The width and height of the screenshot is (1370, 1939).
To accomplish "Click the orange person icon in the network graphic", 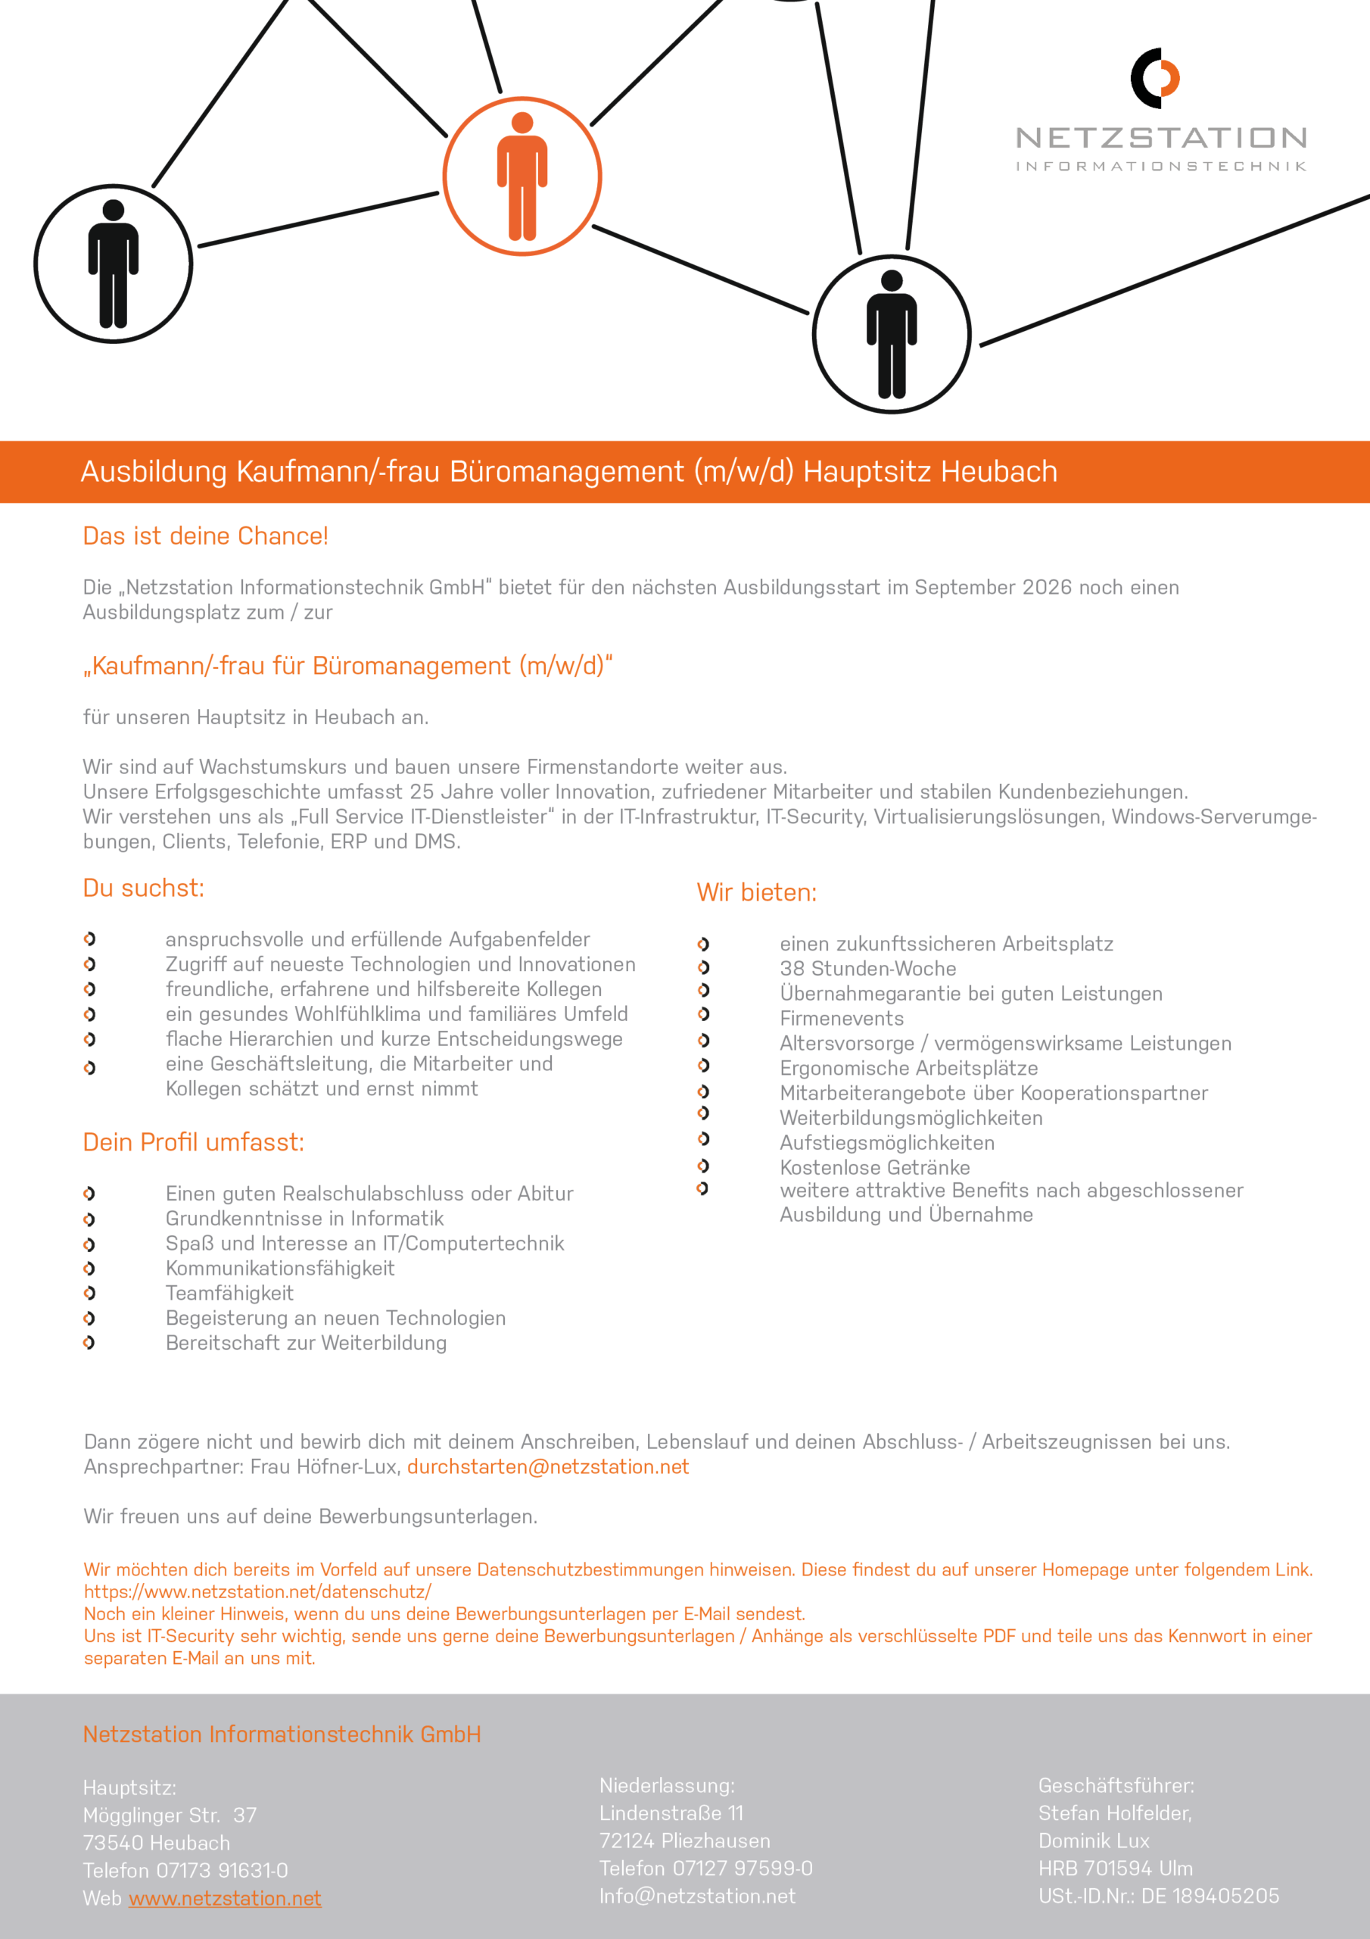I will (522, 176).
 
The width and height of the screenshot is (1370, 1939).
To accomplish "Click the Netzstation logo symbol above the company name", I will (1155, 78).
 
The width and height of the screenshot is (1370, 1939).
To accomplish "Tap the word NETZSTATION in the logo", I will (1162, 138).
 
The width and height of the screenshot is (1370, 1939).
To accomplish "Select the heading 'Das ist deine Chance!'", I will (205, 536).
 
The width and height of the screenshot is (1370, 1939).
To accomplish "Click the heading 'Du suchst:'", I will (144, 888).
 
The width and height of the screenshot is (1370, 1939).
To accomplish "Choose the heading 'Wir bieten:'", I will (756, 893).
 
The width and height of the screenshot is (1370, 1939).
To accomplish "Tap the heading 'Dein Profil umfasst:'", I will (193, 1143).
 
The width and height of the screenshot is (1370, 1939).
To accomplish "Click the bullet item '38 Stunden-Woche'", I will (867, 969).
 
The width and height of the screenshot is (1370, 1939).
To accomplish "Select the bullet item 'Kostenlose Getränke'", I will (874, 1167).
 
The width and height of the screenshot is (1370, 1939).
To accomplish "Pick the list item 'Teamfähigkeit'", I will (229, 1293).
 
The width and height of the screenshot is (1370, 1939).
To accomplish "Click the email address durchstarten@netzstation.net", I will (548, 1467).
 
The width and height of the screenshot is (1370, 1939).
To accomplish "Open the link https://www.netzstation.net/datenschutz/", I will (257, 1592).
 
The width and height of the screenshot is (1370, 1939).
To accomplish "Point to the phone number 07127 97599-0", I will (742, 1868).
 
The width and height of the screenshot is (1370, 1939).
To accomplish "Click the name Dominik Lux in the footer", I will (1093, 1841).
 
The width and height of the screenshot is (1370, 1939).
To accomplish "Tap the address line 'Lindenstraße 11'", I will (671, 1813).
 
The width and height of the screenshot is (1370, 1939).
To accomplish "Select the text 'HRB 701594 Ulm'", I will (1115, 1868).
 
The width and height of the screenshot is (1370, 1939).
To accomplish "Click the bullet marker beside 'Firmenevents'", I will (703, 1014).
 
